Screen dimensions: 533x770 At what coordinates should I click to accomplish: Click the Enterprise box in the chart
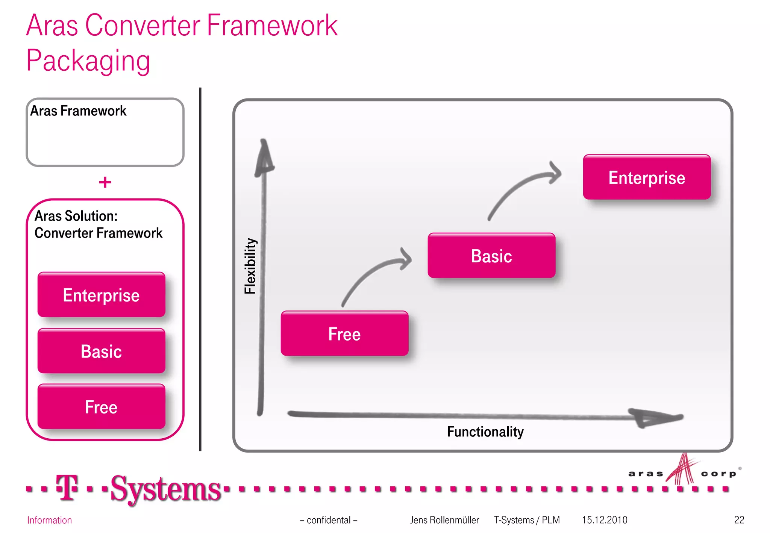pos(647,177)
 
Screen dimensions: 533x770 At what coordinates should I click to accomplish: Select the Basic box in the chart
pos(491,256)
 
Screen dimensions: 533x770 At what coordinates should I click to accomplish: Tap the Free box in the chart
pos(344,334)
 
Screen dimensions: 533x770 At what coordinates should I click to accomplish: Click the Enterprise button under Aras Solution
pos(101,295)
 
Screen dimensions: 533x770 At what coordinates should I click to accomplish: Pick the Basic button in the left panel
pos(101,351)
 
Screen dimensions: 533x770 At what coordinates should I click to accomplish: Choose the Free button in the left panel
pos(101,407)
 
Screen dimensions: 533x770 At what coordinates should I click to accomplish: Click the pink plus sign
pos(105,182)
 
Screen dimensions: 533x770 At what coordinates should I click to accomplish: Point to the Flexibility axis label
pos(250,266)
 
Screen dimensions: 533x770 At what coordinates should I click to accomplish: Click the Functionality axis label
pos(485,432)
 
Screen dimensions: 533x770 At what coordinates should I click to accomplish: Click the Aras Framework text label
pos(78,111)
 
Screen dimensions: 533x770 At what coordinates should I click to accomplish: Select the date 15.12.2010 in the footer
pos(605,520)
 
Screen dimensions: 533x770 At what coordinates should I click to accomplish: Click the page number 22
pos(739,520)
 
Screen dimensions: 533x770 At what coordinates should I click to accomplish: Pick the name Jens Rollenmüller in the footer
pos(444,520)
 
